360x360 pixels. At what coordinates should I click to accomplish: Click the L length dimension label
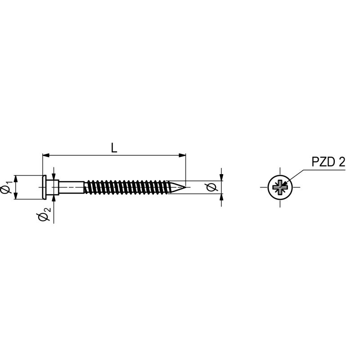pyautogui.click(x=114, y=148)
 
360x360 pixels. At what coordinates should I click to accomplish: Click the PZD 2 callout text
pyautogui.click(x=328, y=162)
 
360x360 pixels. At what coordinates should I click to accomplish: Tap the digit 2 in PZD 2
pyautogui.click(x=342, y=162)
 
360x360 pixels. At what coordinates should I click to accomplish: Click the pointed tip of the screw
pyautogui.click(x=185, y=187)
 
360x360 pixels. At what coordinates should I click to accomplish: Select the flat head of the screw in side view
pyautogui.click(x=44, y=187)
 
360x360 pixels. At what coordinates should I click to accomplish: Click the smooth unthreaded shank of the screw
pyautogui.click(x=72, y=187)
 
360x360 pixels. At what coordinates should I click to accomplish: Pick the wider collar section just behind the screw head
pyautogui.click(x=53, y=187)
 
